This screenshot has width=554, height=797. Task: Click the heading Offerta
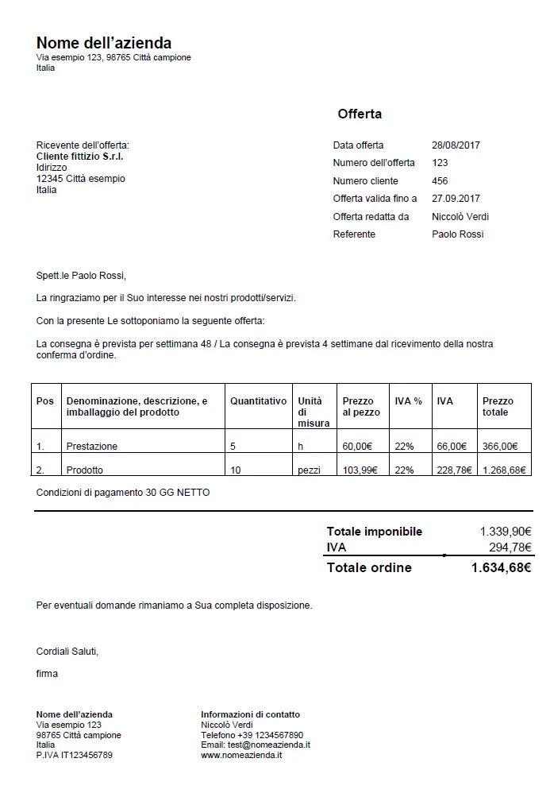coord(360,114)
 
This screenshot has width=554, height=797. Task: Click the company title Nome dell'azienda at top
coord(104,43)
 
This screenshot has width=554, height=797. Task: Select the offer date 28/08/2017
coord(456,145)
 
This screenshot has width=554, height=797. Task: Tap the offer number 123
coord(440,163)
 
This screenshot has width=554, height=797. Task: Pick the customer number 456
coord(440,181)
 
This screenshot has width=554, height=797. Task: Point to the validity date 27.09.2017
coord(456,199)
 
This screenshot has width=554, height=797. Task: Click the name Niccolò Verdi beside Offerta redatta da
coord(460,216)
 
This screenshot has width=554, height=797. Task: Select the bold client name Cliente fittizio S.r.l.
coord(79,157)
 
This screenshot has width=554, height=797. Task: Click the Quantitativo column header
coord(258,401)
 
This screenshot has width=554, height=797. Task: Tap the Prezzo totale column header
coord(498,407)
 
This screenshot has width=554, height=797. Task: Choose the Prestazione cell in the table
coord(92,447)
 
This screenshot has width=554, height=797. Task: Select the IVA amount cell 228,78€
coord(454,470)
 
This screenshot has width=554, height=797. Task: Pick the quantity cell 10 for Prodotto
coord(236,470)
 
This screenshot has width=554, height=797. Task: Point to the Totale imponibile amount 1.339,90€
coord(505,532)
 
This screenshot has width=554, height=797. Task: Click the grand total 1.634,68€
coord(500,567)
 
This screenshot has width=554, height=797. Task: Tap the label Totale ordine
coord(369,567)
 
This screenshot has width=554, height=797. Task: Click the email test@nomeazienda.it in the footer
coord(255,745)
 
